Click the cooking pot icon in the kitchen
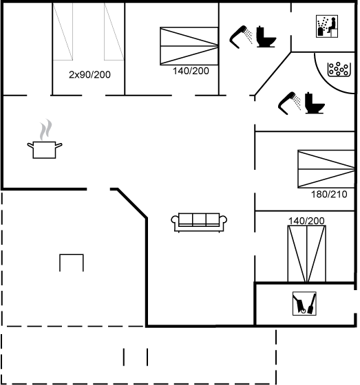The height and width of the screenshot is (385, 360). point(45,150)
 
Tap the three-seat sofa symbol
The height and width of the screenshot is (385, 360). point(199,223)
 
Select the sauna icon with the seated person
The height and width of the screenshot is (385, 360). point(327,27)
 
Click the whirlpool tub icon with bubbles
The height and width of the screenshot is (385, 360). point(339,69)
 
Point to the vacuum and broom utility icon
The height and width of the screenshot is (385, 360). point(304,303)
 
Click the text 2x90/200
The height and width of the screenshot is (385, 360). point(89,75)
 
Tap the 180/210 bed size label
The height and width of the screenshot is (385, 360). point(329,195)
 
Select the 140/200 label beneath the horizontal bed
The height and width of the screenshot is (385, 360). point(191,71)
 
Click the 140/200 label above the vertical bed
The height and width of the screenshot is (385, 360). point(306,221)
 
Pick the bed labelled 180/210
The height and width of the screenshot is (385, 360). point(326,169)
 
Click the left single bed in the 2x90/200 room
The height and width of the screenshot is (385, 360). point(63,32)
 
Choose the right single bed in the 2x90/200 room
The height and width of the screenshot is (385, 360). point(114,32)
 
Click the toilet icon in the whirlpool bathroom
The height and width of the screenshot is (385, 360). point(315,103)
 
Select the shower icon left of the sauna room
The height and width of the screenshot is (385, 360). point(241,37)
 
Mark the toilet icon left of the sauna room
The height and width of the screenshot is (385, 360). point(266,36)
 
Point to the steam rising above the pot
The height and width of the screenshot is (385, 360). point(46,130)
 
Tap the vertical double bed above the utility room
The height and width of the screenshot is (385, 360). point(307,254)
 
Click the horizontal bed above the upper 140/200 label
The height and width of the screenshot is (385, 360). point(189,46)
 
